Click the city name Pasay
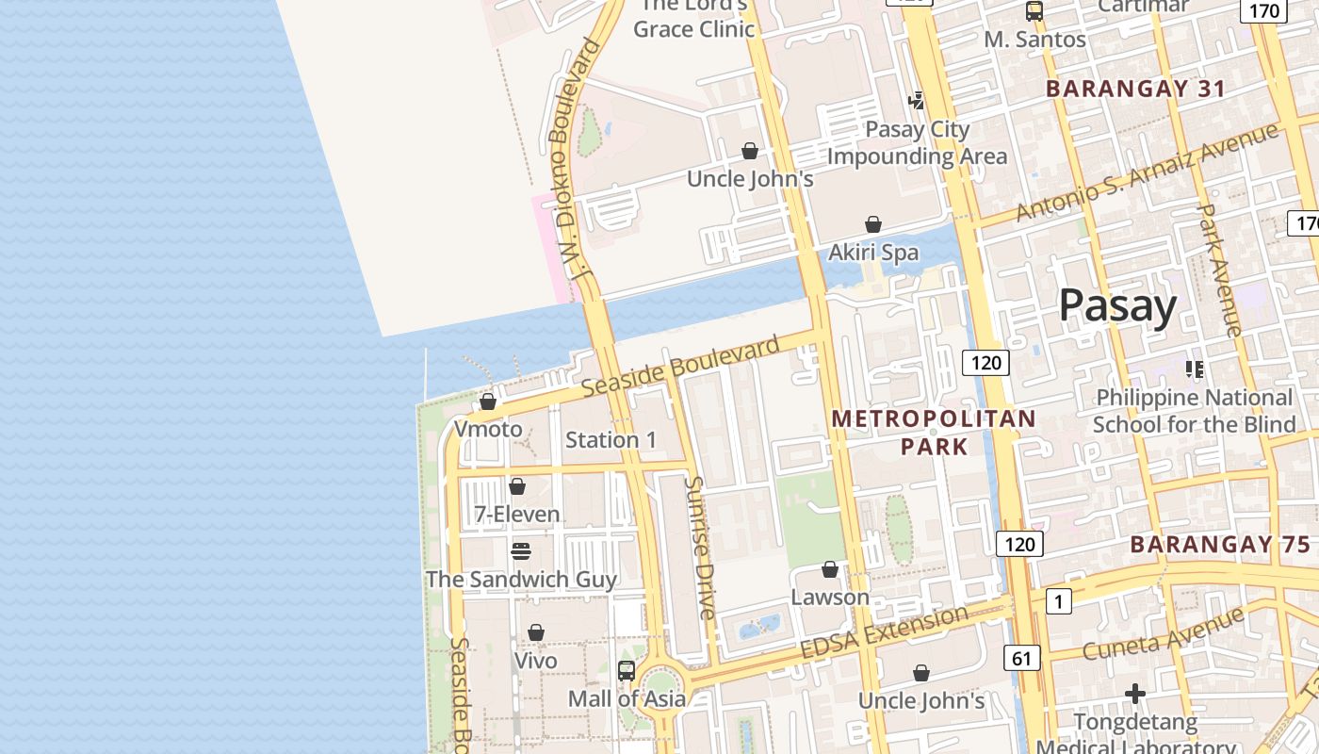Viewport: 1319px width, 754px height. (1117, 306)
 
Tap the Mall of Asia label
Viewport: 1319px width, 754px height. (627, 699)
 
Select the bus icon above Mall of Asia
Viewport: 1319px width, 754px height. (627, 671)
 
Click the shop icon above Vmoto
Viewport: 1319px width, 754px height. (488, 402)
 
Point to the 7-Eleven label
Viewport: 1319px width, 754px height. (516, 515)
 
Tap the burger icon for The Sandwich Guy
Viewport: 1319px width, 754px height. (521, 551)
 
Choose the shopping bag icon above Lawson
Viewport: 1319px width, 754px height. (830, 570)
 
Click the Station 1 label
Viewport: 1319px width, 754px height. (611, 440)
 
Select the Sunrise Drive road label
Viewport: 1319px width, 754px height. (701, 548)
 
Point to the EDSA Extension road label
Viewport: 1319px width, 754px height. (883, 633)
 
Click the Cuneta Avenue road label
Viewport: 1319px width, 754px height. (1163, 634)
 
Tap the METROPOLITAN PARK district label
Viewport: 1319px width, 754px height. (934, 433)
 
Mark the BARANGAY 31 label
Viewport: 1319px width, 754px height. (1136, 90)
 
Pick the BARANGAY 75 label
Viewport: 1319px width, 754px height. (1220, 545)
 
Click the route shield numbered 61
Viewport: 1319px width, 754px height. (1021, 658)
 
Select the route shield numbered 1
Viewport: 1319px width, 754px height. (1058, 601)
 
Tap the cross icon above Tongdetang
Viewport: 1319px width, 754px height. (1135, 695)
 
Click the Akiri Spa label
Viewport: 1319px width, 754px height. (873, 253)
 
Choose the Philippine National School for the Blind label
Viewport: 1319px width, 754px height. (1195, 411)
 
